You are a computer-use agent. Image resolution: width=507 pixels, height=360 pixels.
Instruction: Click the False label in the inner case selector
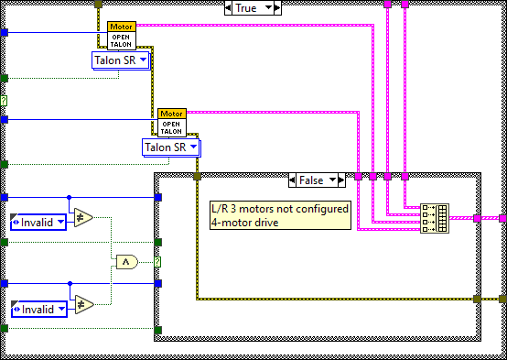[x=313, y=180]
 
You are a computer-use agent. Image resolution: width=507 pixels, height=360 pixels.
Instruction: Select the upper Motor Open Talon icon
[x=121, y=35]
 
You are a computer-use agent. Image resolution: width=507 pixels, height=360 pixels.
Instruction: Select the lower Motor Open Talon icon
[x=171, y=122]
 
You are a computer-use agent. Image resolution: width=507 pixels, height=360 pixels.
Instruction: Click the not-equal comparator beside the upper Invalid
[x=83, y=217]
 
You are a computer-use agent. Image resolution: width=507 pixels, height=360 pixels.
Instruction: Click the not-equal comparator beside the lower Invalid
[x=83, y=305]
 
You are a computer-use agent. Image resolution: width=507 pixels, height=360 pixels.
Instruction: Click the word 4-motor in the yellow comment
[x=231, y=221]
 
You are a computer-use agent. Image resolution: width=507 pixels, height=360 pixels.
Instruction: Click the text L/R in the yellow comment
[x=219, y=208]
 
